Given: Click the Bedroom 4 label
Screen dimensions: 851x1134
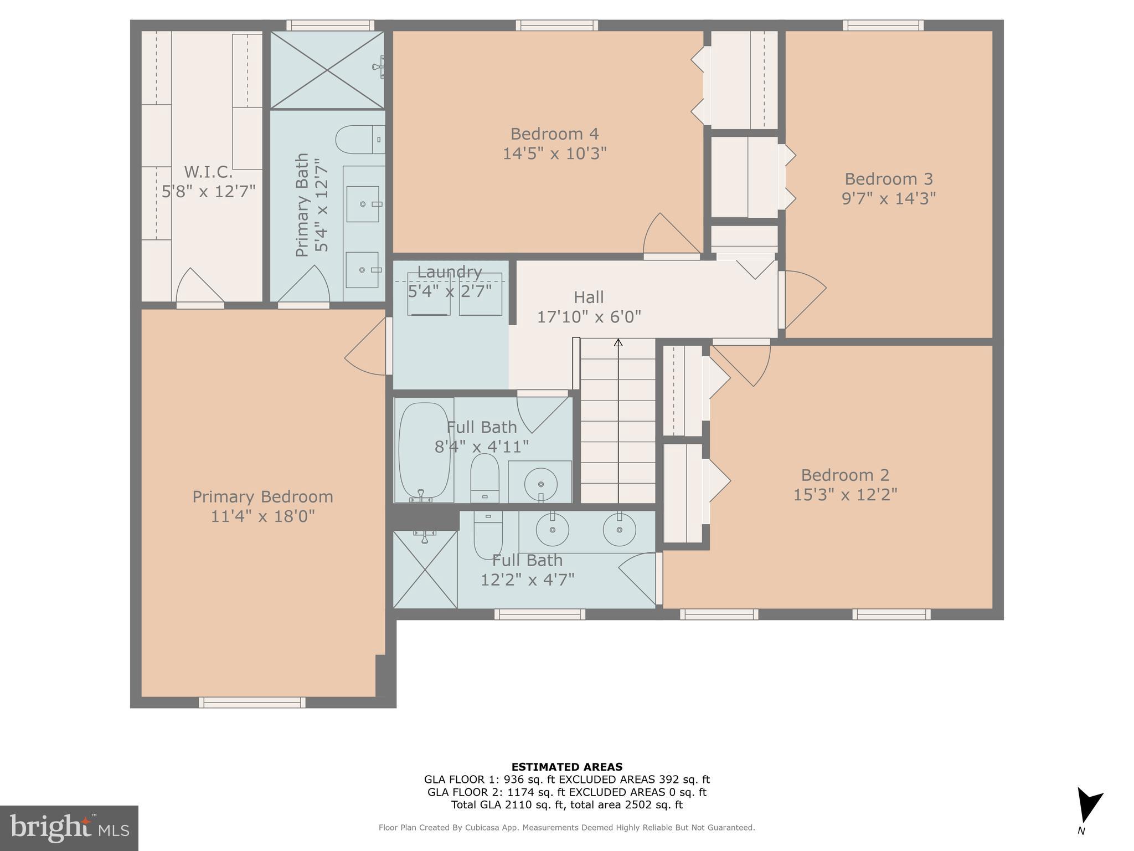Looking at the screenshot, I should (x=554, y=134).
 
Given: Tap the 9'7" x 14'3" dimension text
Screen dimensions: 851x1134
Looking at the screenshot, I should (x=888, y=198).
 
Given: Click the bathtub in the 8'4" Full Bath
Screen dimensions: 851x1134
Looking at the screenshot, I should (x=424, y=450).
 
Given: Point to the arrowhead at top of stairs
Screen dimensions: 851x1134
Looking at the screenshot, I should (x=618, y=343).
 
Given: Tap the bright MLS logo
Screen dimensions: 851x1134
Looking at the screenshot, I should (x=69, y=828).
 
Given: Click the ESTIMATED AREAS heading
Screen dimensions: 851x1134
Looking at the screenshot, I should (x=566, y=767).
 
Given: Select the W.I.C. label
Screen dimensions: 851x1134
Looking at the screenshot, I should (x=208, y=171).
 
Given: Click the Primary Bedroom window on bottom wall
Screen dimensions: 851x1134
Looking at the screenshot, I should (x=252, y=702).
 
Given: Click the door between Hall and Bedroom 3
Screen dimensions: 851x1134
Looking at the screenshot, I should (x=803, y=299).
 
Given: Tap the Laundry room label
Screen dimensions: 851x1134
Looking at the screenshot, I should (x=449, y=272).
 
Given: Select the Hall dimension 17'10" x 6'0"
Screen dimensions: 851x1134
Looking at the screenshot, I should (x=589, y=317).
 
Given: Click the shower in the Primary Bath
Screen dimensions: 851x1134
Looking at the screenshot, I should (x=327, y=70).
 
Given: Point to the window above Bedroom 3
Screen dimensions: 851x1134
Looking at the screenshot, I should (x=883, y=25).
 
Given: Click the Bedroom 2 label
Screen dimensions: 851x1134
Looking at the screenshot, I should (x=844, y=475).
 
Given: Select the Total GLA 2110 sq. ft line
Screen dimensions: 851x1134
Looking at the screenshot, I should (x=566, y=805).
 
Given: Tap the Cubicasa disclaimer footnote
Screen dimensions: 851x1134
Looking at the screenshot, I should (x=566, y=828).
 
